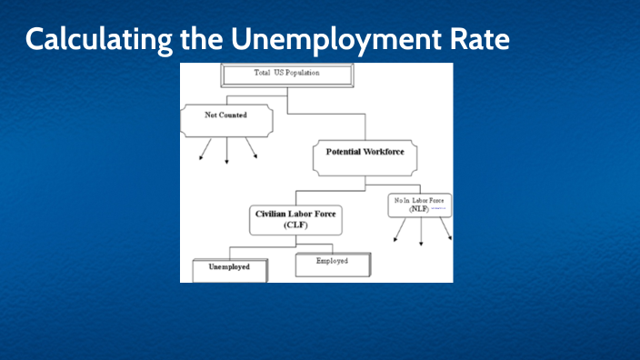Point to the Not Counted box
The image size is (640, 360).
(x=227, y=117)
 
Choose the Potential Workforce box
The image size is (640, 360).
(x=365, y=155)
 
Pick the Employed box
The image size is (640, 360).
(x=333, y=264)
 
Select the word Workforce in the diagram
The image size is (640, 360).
(x=383, y=152)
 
